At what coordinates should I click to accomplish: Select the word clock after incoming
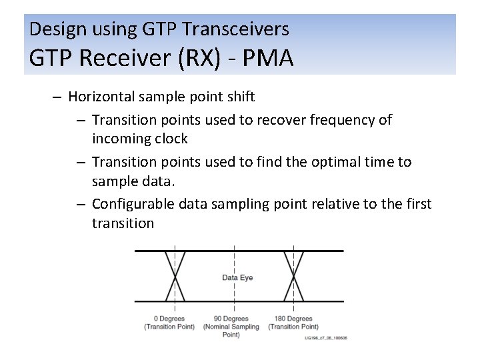point(170,139)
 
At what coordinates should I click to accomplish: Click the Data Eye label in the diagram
point(237,277)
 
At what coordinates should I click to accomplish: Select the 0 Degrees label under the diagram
point(169,319)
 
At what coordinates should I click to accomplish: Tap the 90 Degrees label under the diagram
point(231,319)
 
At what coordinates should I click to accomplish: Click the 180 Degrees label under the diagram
point(293,319)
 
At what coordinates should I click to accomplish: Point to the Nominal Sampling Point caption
point(231,331)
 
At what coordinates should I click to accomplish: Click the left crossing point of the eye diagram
point(175,276)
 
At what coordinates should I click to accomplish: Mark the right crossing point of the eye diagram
point(293,276)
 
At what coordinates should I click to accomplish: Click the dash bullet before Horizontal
point(57,97)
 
